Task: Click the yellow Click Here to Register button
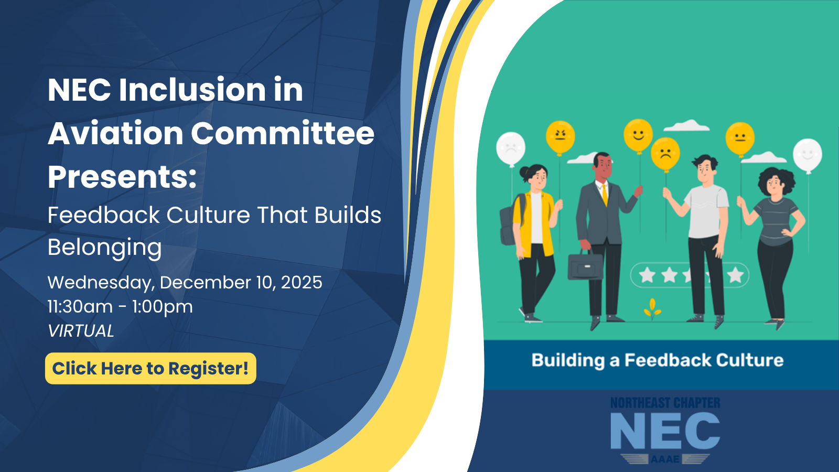click(x=150, y=368)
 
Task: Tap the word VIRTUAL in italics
click(x=81, y=331)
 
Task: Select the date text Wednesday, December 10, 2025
click(x=185, y=283)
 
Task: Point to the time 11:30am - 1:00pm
click(x=120, y=307)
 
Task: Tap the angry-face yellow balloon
click(x=561, y=137)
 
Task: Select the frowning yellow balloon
click(x=665, y=154)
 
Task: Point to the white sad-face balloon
click(x=511, y=149)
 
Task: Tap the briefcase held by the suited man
click(x=585, y=265)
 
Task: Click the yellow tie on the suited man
click(x=605, y=195)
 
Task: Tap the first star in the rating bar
click(x=647, y=275)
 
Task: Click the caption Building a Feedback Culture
click(x=658, y=360)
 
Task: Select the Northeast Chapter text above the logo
click(x=665, y=403)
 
